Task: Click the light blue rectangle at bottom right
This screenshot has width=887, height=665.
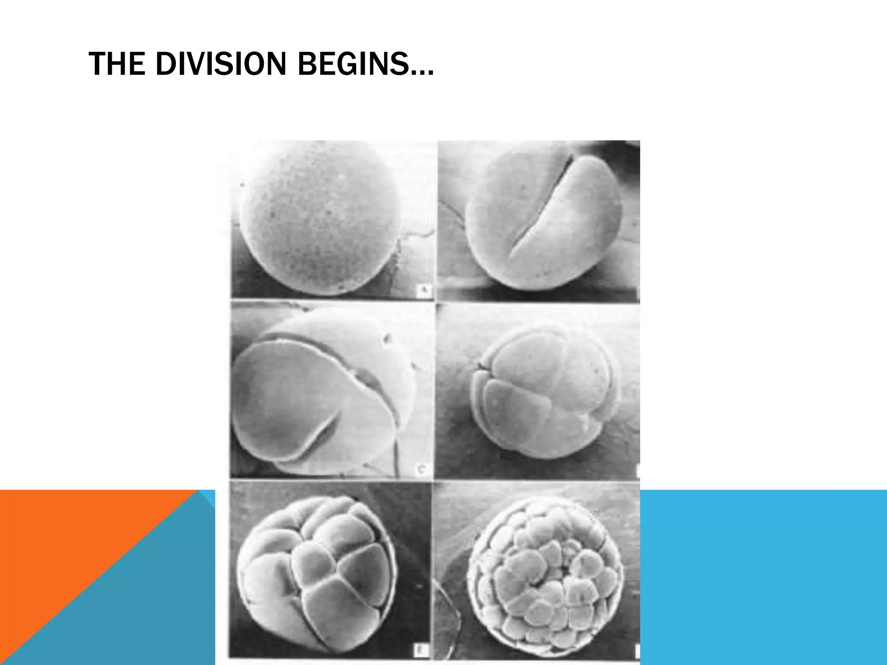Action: (762, 576)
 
